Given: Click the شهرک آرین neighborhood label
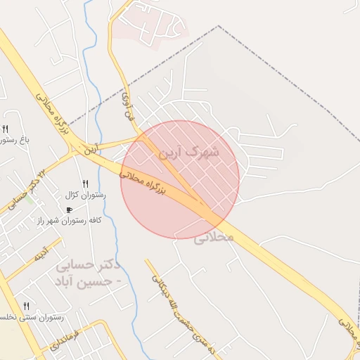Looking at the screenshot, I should pyautogui.click(x=189, y=151).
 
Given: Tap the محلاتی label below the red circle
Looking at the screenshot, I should pyautogui.click(x=213, y=238).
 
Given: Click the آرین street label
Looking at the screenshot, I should pyautogui.click(x=93, y=149).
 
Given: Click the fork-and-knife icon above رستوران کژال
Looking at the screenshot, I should pyautogui.click(x=85, y=184).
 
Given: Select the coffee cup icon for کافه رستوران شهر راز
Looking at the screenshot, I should pyautogui.click(x=69, y=210).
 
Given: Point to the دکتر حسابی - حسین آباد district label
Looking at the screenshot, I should pyautogui.click(x=86, y=274).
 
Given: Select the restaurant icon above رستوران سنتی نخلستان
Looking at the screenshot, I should pyautogui.click(x=27, y=306).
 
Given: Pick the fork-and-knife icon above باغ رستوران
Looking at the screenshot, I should pyautogui.click(x=5, y=129).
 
